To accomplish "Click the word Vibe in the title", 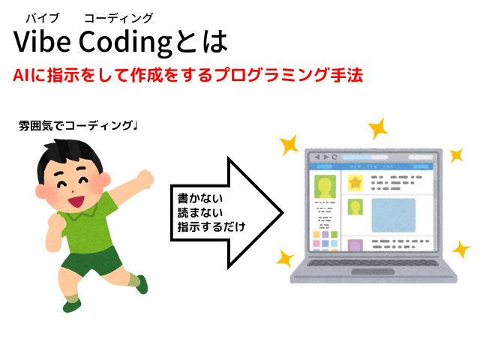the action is point(42,42).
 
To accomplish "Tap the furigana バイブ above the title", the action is point(42,18).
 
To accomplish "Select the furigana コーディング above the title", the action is point(118,18).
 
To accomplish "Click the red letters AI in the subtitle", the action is point(22,75).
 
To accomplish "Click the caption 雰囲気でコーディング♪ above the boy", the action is point(78,125).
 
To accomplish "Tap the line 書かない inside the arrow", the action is point(200,199).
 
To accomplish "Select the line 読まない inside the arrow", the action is point(200,213).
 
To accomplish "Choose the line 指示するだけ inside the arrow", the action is point(211,226).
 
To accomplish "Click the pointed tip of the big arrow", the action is point(283,213).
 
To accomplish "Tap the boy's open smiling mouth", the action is point(76,202).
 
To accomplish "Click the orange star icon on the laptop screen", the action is point(355,183).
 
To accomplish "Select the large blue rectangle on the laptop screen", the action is point(393,215).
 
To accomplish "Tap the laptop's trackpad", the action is point(373,271).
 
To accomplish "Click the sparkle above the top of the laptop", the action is point(378,128).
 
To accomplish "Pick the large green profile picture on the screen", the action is point(325,186).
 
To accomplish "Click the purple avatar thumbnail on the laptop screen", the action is point(355,245).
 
